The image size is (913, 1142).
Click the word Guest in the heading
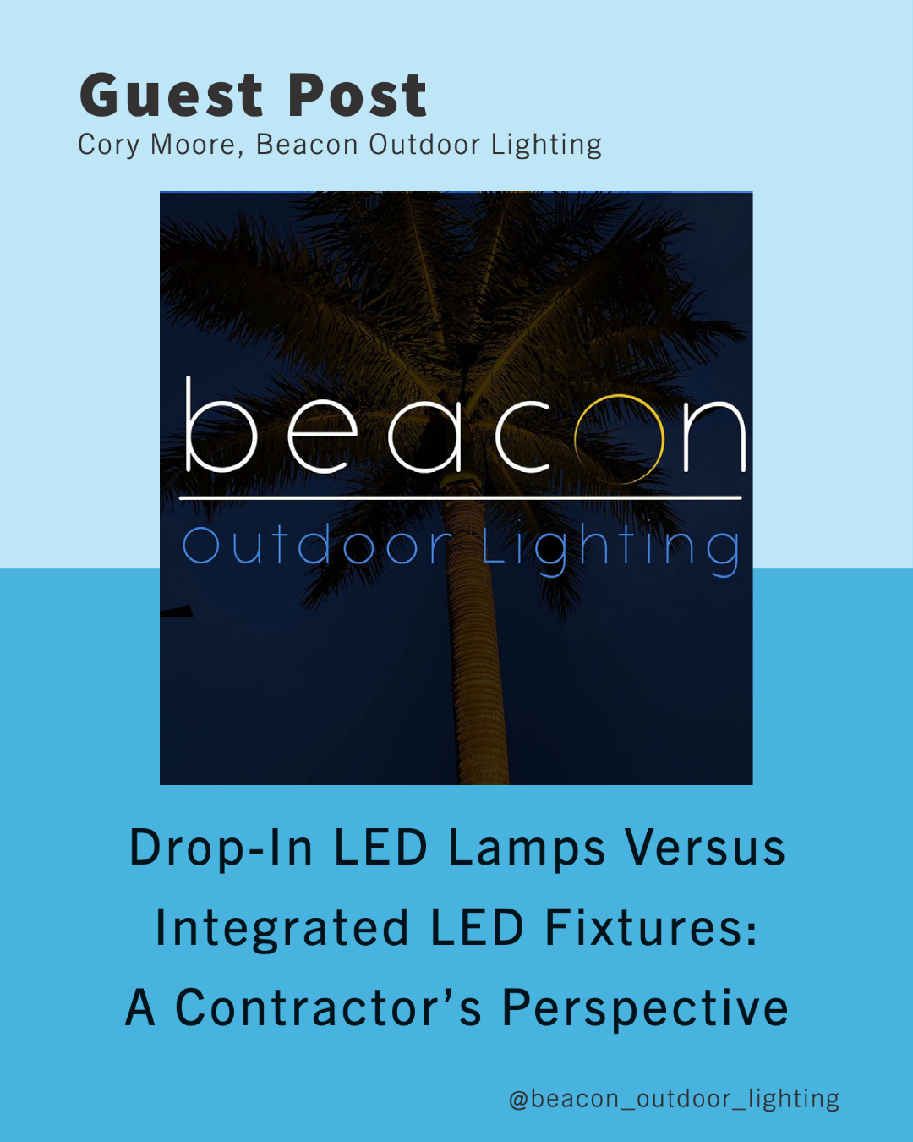click(171, 95)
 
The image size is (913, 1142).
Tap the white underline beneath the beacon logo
click(461, 497)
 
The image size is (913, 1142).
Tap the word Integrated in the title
click(282, 929)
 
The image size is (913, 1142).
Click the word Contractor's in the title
click(328, 1007)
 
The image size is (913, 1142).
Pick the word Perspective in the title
click(645, 1009)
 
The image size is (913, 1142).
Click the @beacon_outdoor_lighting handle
click(674, 1099)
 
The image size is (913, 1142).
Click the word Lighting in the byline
click(546, 145)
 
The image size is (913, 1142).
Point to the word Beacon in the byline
click(307, 145)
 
